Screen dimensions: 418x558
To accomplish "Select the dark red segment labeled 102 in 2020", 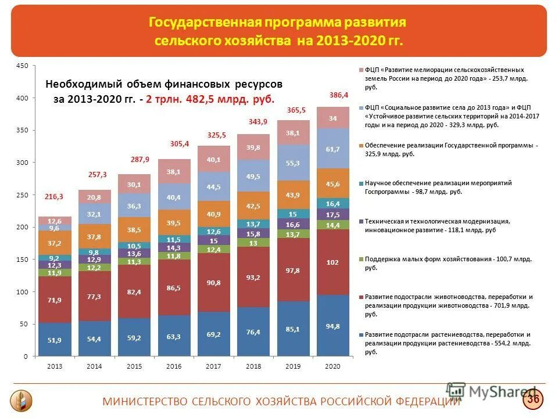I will pos(333,262).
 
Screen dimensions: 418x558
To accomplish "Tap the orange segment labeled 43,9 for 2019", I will pos(294,195).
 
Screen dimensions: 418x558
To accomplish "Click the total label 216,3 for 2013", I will pos(54,197).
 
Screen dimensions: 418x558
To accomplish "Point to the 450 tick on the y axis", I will pos(22,66).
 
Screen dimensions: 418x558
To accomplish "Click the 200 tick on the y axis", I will pos(22,227).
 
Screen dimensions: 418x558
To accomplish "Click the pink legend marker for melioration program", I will pos(361,69).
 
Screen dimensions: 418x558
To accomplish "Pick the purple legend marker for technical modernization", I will pos(361,221).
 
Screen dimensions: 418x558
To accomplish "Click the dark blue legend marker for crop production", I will pos(361,335).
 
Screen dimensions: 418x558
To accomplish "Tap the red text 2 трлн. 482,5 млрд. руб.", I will pos(210,99).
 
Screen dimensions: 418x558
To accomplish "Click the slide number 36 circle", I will pos(533,399).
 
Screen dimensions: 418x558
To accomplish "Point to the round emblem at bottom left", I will pos(22,400).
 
